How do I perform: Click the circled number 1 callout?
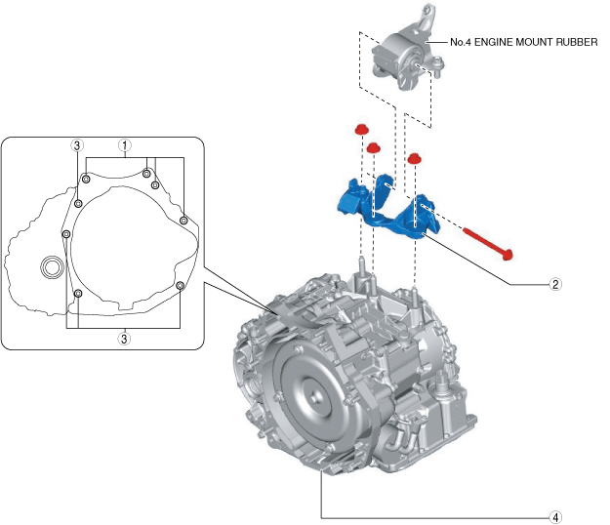click(124, 144)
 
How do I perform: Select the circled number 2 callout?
click(554, 285)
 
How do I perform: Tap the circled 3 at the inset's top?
click(76, 144)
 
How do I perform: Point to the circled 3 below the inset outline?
click(124, 339)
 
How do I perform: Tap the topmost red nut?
click(360, 130)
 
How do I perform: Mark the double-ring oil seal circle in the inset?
click(51, 266)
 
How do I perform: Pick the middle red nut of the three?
click(372, 147)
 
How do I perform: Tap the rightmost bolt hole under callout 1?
click(183, 220)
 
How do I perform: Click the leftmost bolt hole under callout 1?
click(87, 179)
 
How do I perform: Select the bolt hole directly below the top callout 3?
click(76, 204)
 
